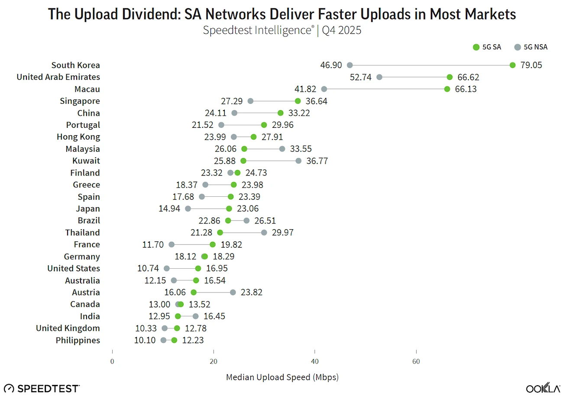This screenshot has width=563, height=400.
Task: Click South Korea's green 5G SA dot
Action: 512,65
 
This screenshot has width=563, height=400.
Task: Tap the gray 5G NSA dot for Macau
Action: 324,89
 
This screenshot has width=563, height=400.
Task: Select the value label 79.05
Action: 531,65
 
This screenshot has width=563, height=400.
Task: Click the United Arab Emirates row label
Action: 58,77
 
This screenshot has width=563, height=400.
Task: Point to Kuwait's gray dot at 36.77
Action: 298,161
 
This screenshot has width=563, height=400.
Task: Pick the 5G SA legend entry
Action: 487,47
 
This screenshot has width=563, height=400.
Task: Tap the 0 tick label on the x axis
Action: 112,362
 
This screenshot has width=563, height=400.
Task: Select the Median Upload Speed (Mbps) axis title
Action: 282,377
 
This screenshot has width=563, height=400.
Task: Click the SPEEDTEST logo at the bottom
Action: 42,388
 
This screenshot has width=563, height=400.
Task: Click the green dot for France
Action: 213,244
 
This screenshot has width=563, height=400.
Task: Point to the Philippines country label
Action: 78,340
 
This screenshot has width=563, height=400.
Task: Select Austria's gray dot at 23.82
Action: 233,293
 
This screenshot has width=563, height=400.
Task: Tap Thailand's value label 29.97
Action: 282,233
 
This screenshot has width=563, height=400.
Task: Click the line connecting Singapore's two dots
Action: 274,101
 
